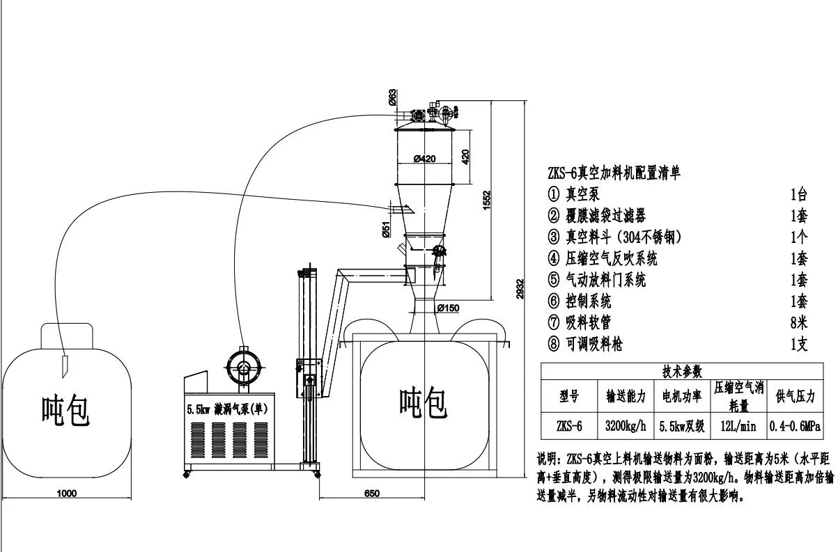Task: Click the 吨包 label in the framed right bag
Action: click(422, 403)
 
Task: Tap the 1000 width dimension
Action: click(67, 493)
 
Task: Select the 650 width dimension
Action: click(372, 493)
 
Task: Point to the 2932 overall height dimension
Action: click(520, 294)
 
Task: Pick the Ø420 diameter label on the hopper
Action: click(424, 159)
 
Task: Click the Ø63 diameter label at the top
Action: click(393, 97)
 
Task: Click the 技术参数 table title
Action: click(682, 372)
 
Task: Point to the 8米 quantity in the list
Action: click(799, 322)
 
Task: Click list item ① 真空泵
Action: click(574, 195)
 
